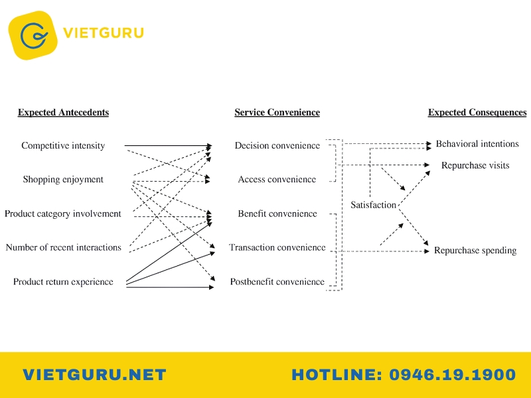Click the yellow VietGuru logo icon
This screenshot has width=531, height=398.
coord(33,35)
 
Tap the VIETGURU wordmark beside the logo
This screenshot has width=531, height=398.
coord(104,33)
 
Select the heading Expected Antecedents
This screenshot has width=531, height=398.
coord(63,112)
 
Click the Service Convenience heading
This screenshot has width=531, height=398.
coord(277,112)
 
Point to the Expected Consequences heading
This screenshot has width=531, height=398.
coord(477,112)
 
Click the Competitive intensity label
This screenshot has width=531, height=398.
coord(63,145)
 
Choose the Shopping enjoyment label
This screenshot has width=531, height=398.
coord(63,179)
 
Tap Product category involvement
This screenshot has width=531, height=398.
coord(62,214)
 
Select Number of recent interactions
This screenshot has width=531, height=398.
coord(63,247)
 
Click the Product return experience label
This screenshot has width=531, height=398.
coord(63,281)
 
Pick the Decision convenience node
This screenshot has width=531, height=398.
coord(277,145)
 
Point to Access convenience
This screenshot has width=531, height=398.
coord(277,179)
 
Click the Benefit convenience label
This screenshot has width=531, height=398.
coord(277,214)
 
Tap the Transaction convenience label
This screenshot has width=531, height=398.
coord(277,247)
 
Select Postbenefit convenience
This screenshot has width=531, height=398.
coord(277,281)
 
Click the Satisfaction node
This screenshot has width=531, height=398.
coord(373,205)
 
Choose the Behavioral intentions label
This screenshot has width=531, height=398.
coord(477,144)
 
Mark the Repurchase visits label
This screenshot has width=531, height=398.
coord(475,165)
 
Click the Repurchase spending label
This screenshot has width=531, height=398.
coord(475,251)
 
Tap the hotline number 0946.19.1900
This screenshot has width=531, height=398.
coord(452,375)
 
